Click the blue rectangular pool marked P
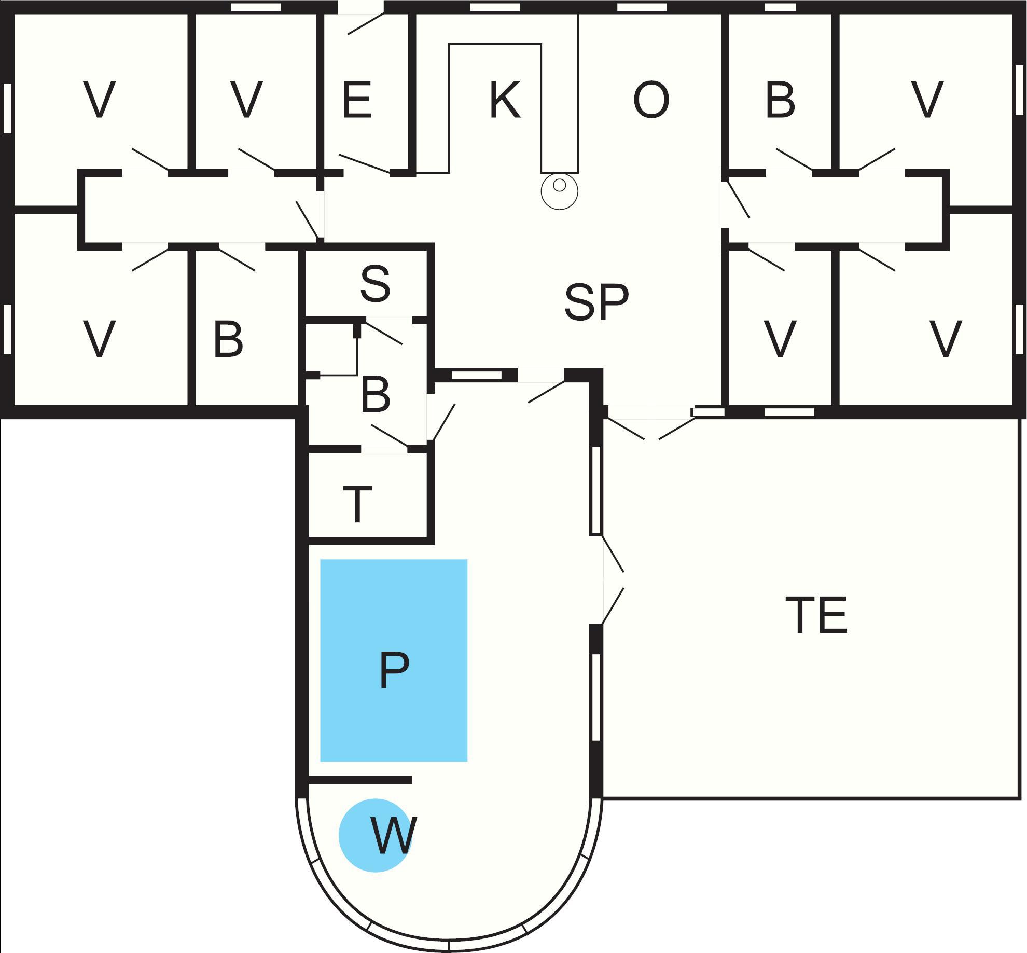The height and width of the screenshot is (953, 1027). (x=393, y=660)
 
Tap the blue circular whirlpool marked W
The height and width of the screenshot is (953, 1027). (x=376, y=835)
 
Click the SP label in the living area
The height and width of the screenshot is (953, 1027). (x=596, y=302)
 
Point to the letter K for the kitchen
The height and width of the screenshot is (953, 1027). (x=504, y=100)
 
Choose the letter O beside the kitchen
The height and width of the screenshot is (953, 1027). (x=651, y=100)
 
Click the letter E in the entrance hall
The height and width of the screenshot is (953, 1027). (x=357, y=100)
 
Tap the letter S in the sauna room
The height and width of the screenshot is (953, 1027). (x=374, y=284)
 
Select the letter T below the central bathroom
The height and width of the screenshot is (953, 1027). (x=357, y=504)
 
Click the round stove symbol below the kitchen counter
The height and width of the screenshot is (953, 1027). (x=559, y=191)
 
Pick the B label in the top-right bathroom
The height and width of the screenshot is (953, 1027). (x=780, y=100)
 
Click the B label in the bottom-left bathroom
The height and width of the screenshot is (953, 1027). (x=228, y=340)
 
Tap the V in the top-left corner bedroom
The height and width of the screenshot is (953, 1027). (x=99, y=100)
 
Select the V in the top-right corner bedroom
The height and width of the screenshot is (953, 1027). (x=927, y=100)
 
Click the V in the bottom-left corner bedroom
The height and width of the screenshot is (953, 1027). (x=99, y=340)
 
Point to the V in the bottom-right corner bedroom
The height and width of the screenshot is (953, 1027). (x=946, y=340)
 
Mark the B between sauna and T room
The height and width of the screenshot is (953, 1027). (x=374, y=395)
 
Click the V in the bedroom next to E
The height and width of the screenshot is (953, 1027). (x=246, y=100)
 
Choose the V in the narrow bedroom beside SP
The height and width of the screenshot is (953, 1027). (x=780, y=340)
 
